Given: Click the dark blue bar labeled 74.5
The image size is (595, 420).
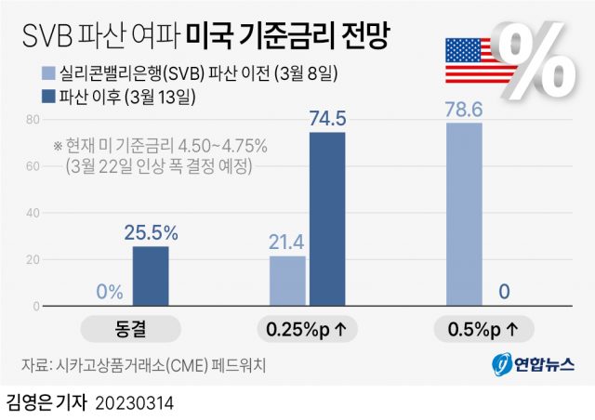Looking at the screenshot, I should coord(326,218).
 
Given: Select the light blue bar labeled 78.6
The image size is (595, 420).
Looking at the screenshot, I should coord(464,214).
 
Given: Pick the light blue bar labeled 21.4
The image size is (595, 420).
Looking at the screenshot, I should coord(287,281).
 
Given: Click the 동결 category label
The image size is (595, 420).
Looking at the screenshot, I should coord(130,328).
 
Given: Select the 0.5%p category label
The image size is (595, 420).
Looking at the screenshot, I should coord(483,328).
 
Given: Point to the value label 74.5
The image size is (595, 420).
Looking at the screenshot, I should coord(327,116).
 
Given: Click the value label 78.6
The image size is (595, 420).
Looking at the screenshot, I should coord(465,108).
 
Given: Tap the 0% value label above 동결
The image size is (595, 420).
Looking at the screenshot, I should coord(109,292).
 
